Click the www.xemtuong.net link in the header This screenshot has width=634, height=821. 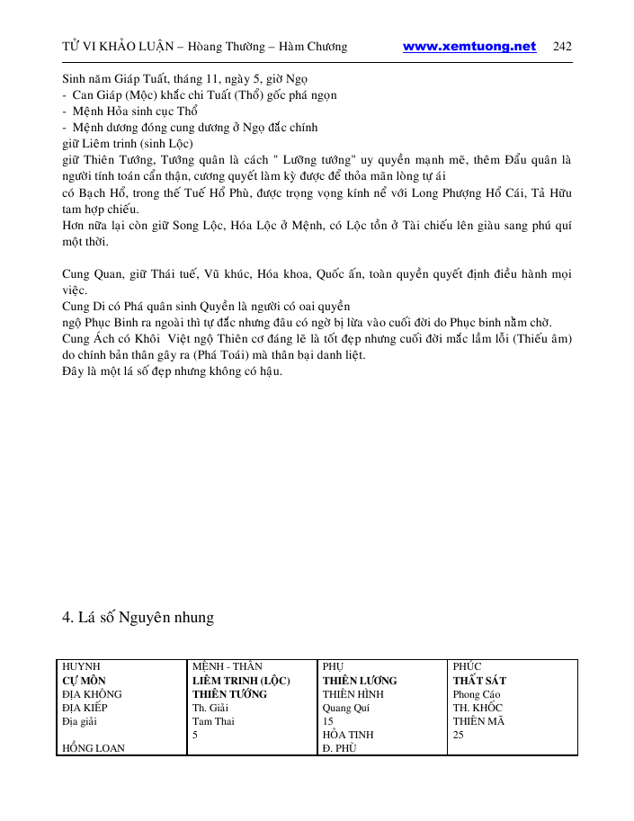469,47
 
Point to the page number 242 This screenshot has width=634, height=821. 563,47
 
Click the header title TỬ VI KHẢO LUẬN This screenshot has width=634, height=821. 117,47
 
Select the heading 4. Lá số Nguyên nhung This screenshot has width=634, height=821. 138,617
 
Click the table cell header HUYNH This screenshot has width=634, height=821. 80,667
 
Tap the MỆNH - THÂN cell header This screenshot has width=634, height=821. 228,667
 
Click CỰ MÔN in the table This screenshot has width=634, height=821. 84,681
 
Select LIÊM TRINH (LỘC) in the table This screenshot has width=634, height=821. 241,681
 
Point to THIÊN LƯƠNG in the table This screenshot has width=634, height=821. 360,681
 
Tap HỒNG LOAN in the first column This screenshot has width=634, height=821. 94,748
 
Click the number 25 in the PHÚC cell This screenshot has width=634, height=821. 459,735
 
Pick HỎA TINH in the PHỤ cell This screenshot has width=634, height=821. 348,735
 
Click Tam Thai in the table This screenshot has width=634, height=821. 213,721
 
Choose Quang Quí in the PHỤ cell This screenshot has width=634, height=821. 345,708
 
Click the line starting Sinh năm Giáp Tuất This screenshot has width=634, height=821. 186,80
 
